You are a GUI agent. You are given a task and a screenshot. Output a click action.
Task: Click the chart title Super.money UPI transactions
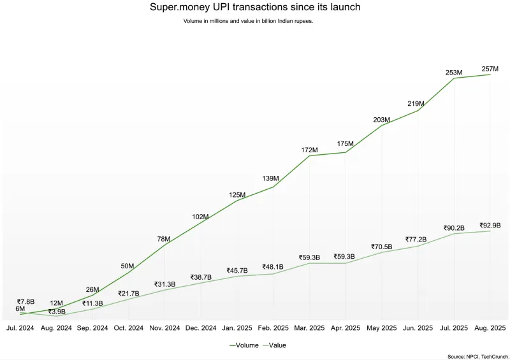tap(255, 8)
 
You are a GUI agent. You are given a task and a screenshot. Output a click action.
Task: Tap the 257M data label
tap(490, 69)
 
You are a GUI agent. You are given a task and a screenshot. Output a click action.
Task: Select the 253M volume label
tap(454, 73)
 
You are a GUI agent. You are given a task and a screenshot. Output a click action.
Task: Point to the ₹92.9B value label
tap(490, 225)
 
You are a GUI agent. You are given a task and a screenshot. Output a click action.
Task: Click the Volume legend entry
tap(244, 345)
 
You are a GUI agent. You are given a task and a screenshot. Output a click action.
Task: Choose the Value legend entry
tap(273, 345)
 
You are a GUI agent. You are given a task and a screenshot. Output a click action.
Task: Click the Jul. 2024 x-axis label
tap(20, 328)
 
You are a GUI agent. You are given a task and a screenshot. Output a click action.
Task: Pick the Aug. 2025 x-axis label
tap(490, 328)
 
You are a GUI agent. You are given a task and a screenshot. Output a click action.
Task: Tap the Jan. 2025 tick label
tap(237, 328)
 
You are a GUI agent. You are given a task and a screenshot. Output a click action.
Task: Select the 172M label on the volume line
tap(309, 150)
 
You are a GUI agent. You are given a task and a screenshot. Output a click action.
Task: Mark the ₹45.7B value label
tap(237, 270)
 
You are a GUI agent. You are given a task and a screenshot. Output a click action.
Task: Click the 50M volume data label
tap(127, 266)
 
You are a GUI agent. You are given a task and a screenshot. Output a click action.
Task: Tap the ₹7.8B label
tap(25, 301)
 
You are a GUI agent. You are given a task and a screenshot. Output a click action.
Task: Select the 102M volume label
tap(200, 217)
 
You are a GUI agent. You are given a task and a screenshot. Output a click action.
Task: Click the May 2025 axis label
tap(382, 328)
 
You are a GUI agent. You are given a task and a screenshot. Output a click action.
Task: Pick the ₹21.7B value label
tap(128, 293)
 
